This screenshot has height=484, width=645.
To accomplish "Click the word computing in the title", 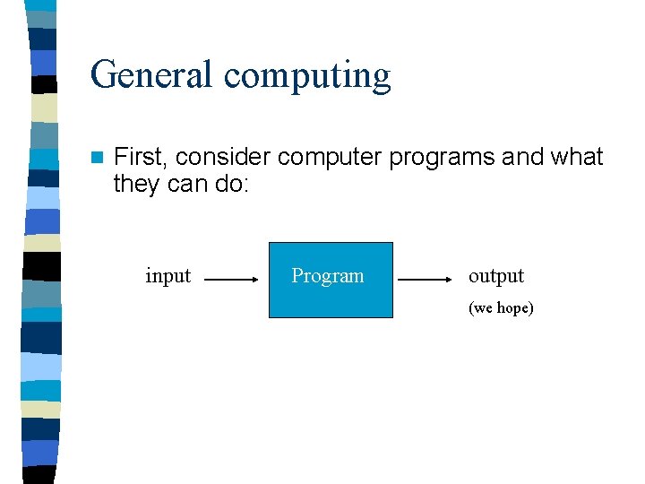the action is (x=307, y=76).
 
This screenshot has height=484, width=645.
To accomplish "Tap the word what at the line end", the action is (x=577, y=157).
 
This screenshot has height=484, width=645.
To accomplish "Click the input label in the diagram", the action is (x=168, y=276).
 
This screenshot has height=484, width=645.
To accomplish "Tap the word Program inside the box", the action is (x=328, y=276).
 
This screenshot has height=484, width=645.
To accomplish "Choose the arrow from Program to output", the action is (x=425, y=280).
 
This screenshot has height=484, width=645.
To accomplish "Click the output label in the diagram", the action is (x=495, y=276).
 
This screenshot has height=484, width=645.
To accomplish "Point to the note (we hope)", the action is (x=501, y=308).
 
